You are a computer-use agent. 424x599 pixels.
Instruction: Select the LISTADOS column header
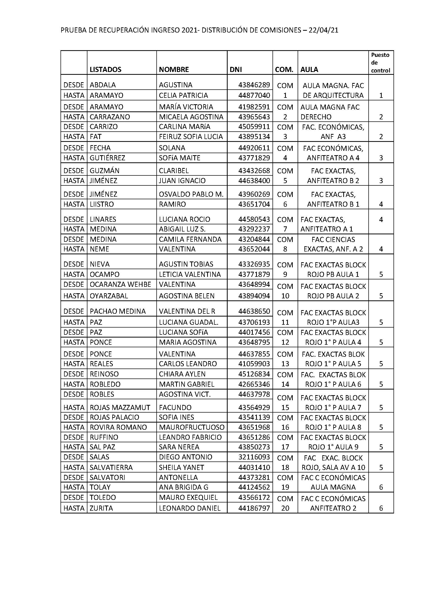[105, 69]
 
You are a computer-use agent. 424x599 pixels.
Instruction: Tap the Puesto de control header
[380, 62]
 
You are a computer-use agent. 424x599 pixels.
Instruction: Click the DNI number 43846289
[254, 85]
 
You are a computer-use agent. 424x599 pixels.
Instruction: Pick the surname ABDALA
[103, 85]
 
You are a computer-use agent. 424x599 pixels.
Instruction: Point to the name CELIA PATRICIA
[183, 95]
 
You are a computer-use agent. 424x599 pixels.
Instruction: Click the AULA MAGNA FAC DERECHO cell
[330, 112]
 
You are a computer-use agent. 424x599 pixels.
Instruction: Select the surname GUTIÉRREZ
[107, 158]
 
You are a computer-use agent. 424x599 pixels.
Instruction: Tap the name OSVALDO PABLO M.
[191, 194]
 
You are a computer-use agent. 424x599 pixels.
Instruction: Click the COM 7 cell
[285, 224]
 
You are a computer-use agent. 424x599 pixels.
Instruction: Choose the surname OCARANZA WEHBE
[120, 284]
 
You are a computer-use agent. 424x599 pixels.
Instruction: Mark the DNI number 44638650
[254, 311]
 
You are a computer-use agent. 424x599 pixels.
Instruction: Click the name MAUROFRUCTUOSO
[192, 427]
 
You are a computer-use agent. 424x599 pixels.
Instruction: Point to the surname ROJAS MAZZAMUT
[120, 407]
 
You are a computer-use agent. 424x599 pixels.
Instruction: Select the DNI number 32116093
[254, 457]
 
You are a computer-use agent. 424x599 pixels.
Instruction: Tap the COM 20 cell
[285, 503]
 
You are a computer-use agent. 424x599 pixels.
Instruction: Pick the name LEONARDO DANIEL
[189, 508]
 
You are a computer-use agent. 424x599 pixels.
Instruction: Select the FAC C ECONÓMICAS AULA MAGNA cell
[333, 482]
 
